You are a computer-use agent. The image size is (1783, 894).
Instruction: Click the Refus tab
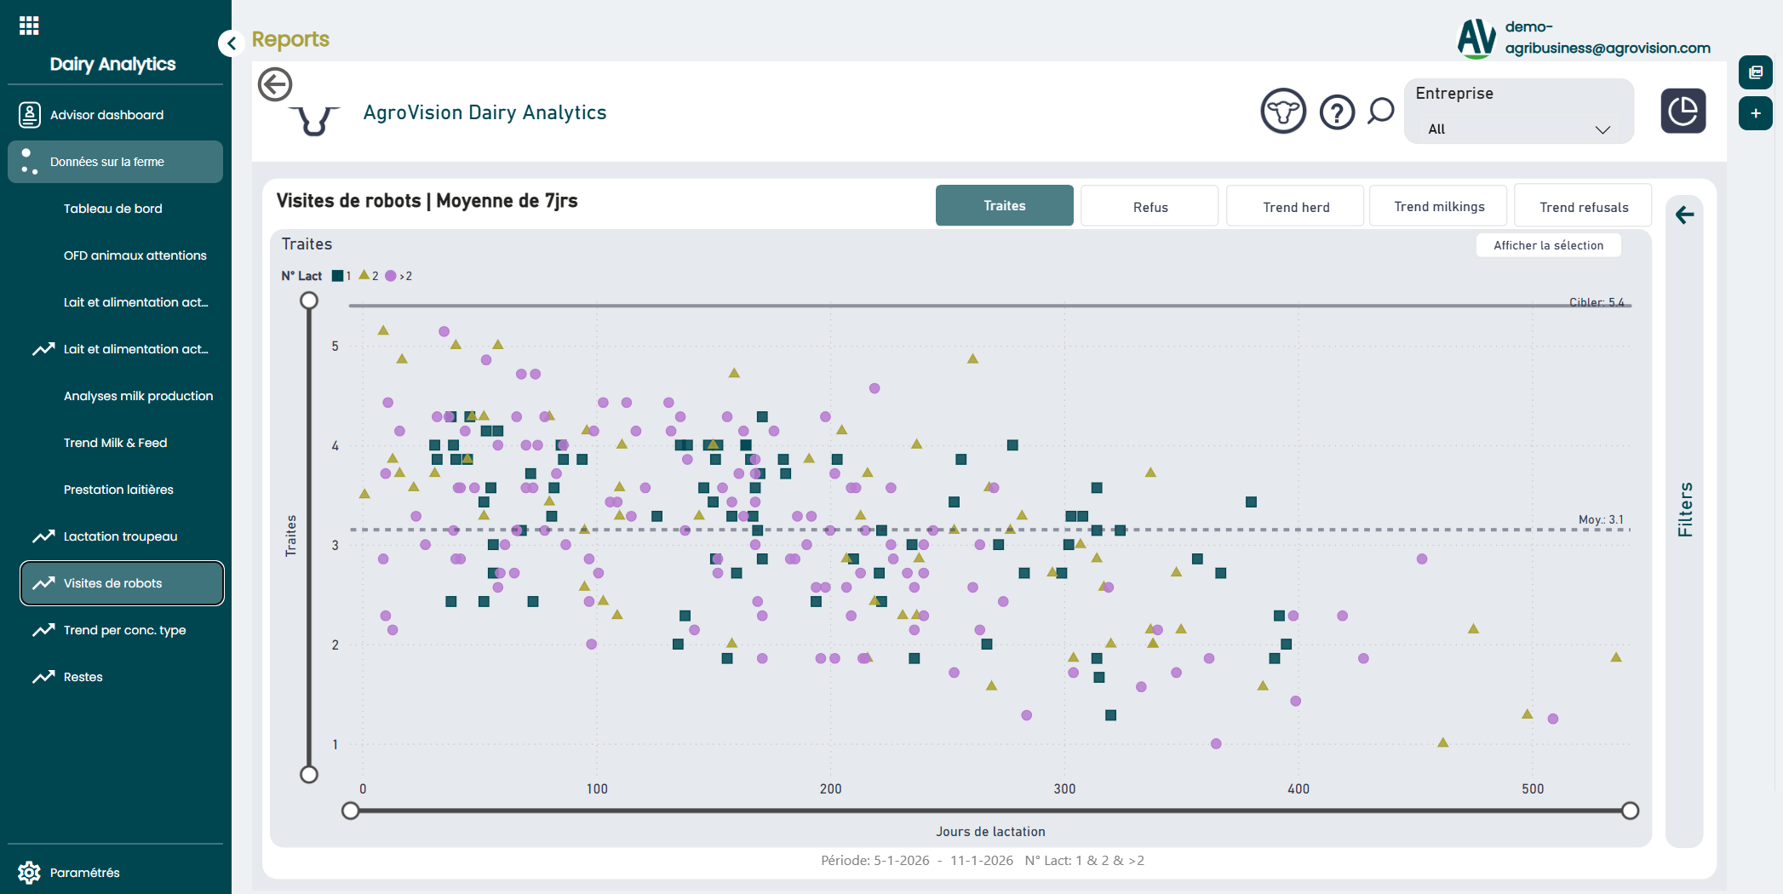point(1149,207)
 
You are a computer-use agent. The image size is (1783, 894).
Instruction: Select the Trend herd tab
point(1295,207)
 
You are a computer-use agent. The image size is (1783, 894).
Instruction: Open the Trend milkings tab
point(1438,207)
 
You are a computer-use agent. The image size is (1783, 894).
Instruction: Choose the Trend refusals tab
point(1583,207)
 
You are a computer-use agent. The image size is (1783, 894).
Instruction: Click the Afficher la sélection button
point(1548,245)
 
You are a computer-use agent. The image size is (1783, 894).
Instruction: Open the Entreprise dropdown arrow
point(1602,129)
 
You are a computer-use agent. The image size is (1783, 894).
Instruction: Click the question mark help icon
point(1337,112)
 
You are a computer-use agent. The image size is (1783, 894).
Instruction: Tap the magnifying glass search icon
point(1380,111)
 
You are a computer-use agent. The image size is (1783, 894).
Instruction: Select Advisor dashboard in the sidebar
point(106,115)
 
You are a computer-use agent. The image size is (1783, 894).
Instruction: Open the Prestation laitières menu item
point(118,490)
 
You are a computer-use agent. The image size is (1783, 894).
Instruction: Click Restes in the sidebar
point(83,677)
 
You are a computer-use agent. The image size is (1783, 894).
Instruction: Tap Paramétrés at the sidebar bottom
point(84,873)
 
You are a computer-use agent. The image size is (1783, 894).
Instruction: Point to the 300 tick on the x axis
point(1064,788)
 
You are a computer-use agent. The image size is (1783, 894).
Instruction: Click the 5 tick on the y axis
point(335,346)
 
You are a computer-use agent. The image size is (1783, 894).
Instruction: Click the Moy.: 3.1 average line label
point(1601,519)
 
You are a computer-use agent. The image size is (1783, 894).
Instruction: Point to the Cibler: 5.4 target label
point(1597,302)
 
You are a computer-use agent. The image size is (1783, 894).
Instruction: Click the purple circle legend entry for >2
point(392,276)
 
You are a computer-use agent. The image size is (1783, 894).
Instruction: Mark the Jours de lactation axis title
point(990,832)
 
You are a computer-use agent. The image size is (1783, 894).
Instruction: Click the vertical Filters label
point(1685,509)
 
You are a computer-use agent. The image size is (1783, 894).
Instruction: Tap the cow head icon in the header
point(1283,112)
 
